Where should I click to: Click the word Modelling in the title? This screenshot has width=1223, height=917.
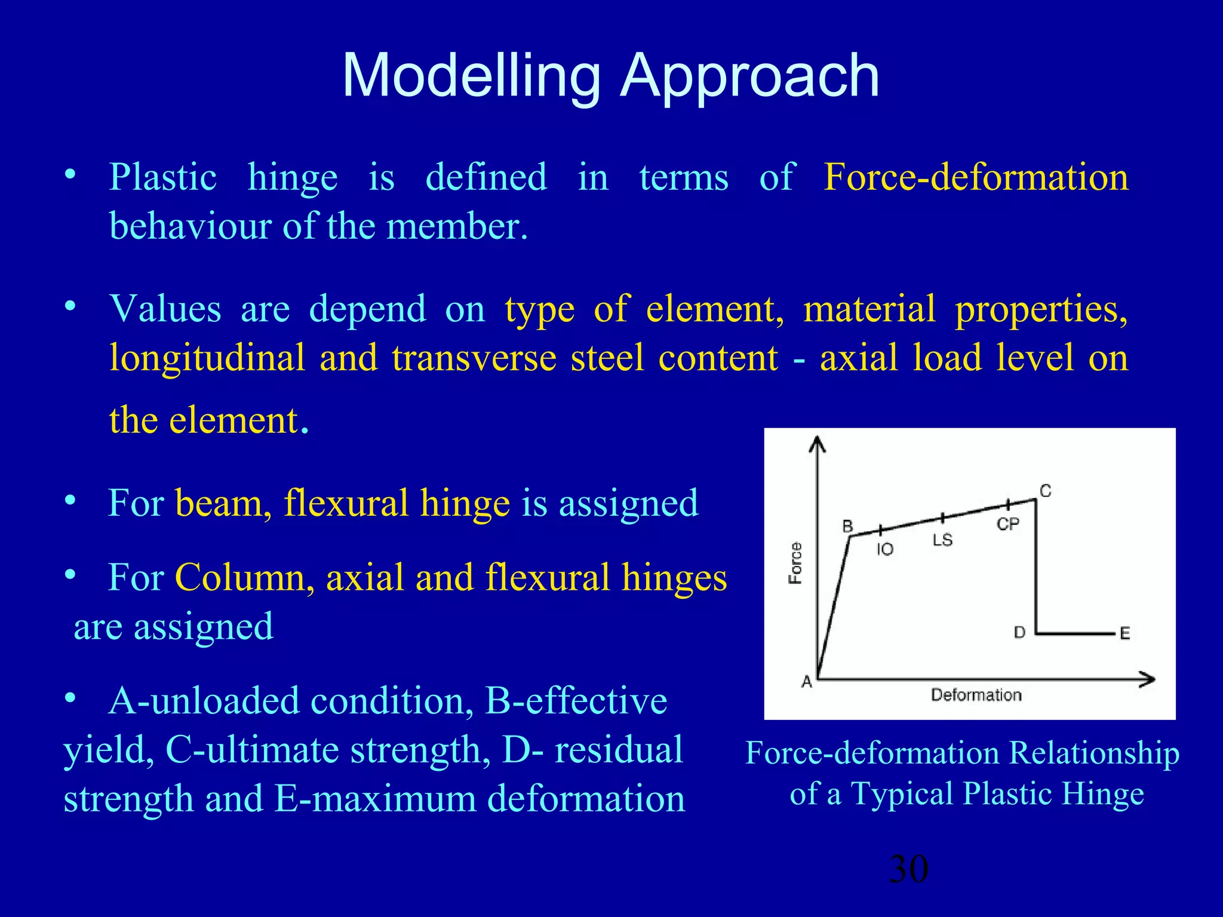click(x=471, y=76)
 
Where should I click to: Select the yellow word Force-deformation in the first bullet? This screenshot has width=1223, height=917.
click(x=976, y=178)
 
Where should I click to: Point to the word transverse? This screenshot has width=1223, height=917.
click(x=474, y=358)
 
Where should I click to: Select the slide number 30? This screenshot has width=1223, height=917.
click(x=908, y=869)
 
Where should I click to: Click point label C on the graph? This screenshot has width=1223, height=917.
click(x=1046, y=491)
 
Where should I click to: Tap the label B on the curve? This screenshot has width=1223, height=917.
click(x=847, y=526)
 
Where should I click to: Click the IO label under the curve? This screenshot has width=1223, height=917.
click(x=885, y=549)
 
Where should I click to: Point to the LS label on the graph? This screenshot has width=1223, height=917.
click(x=942, y=540)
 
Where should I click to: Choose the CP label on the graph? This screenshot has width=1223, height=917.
click(x=1008, y=524)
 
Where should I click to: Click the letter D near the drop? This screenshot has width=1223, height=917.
click(x=1020, y=632)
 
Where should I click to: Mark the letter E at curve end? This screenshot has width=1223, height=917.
click(x=1125, y=633)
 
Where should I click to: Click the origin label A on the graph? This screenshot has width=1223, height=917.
click(x=807, y=682)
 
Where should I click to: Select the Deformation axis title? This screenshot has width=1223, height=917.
click(x=976, y=695)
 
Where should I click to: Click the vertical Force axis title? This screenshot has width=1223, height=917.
click(x=795, y=563)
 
